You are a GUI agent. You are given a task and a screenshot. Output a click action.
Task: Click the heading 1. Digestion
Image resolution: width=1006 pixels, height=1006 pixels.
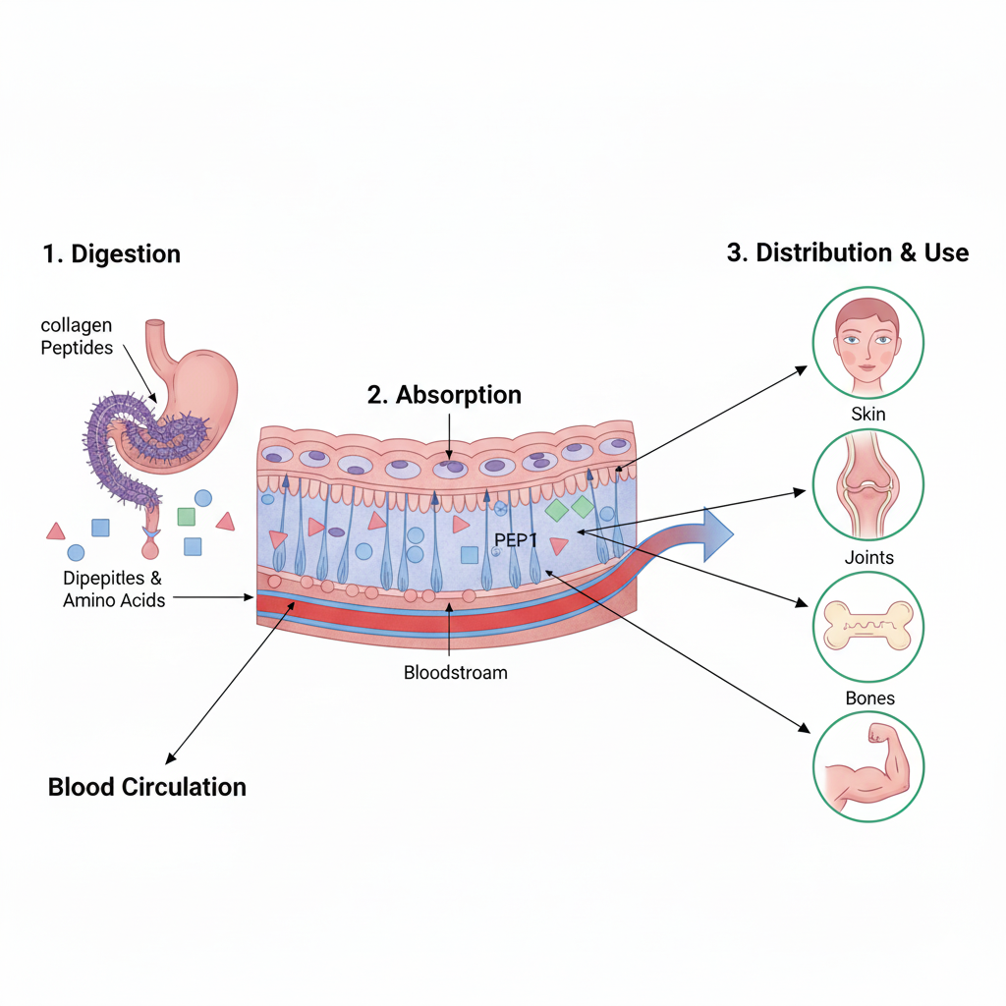pos(111,254)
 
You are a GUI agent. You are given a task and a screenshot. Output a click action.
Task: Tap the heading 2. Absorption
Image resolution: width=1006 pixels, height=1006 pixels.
pos(444,395)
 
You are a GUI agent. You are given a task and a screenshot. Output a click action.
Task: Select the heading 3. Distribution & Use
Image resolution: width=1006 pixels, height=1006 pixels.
pos(847,252)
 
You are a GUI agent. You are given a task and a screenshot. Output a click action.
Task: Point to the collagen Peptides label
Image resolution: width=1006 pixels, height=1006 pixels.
pos(77,336)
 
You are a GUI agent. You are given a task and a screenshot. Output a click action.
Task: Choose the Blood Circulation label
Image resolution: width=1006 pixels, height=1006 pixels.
pos(146,787)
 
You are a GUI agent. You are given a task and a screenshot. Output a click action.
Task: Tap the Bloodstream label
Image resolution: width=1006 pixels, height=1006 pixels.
pos(455,673)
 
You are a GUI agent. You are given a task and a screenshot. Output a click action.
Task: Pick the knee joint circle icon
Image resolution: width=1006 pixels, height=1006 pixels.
pos(867,484)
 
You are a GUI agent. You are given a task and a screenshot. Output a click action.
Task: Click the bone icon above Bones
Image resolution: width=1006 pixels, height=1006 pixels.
pos(867,627)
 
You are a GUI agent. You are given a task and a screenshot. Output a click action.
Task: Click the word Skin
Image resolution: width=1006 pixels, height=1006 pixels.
pos(867,414)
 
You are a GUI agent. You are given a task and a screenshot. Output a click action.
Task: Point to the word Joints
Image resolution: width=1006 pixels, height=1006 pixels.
pos(868,557)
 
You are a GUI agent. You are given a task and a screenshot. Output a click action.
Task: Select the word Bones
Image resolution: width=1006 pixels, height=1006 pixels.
pos(869,699)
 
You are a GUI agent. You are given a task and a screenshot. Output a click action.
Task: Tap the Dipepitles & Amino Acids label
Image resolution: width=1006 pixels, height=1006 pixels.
pos(113,588)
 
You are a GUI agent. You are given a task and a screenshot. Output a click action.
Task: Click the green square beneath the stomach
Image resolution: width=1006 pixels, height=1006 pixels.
pos(186,516)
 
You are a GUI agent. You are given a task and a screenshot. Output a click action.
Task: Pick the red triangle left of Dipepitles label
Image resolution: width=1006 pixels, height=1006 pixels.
pos(56,531)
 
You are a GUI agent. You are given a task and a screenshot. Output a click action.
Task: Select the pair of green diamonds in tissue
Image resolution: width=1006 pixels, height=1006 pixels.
pos(570,508)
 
